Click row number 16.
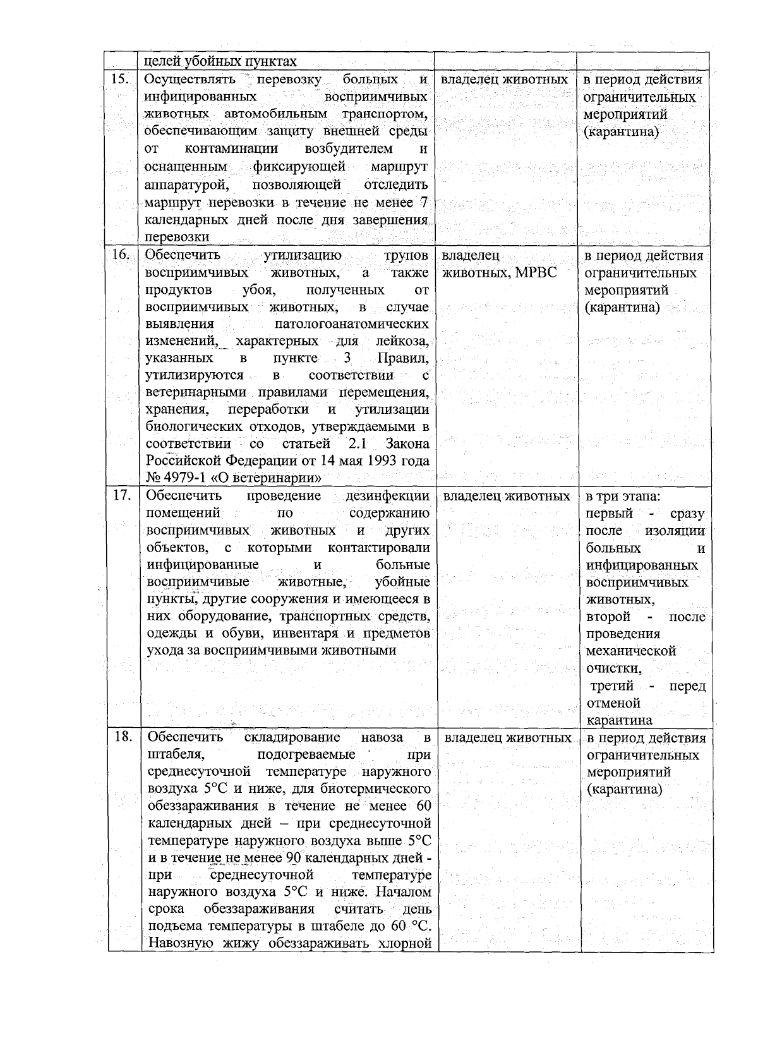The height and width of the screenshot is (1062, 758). pyautogui.click(x=121, y=255)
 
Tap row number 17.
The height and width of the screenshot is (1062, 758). pyautogui.click(x=121, y=495)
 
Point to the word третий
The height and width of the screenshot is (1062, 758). pyautogui.click(x=612, y=686)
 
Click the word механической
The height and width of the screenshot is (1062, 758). pyautogui.click(x=631, y=651)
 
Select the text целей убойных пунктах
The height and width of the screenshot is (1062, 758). pyautogui.click(x=220, y=61)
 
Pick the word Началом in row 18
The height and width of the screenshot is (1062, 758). pyautogui.click(x=404, y=892)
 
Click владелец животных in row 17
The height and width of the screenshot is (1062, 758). pyautogui.click(x=507, y=496)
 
